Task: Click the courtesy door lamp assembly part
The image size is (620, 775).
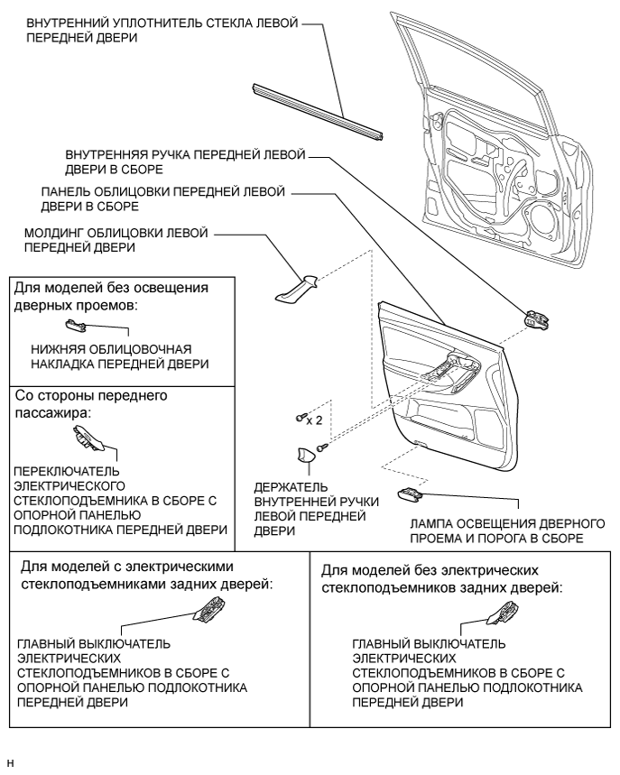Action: pos(409,494)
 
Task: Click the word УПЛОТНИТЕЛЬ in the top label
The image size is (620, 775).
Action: pos(158,23)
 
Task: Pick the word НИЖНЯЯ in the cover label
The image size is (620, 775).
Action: pos(57,348)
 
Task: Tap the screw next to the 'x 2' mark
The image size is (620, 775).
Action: pos(299,417)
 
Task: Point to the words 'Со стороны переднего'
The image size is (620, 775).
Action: pos(95,395)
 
